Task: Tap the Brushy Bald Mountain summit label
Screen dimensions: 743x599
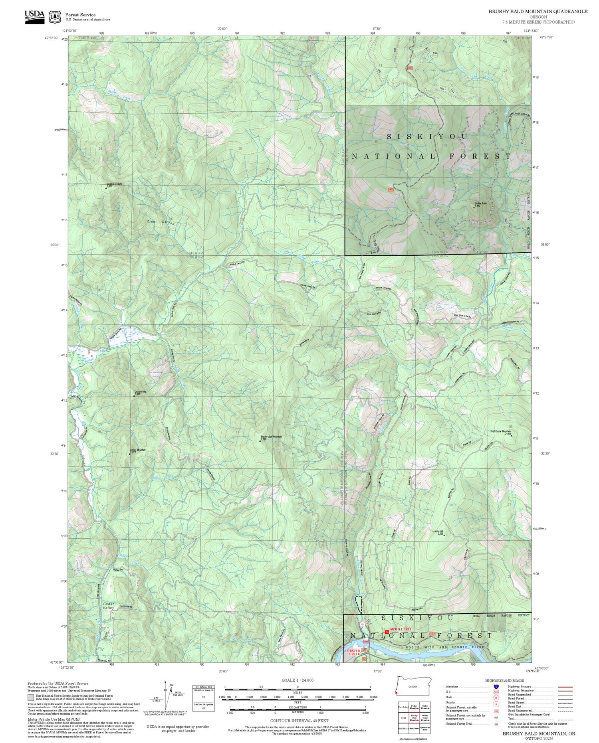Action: point(271,437)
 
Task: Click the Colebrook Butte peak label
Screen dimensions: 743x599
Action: point(114,184)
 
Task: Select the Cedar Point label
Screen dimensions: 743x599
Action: point(140,392)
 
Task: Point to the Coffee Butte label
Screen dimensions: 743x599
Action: point(480,204)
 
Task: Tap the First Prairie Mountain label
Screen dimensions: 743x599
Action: point(500,431)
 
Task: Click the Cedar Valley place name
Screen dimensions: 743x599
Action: point(109,606)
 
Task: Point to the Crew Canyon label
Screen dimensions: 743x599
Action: point(161,222)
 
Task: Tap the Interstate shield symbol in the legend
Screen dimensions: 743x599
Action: point(496,686)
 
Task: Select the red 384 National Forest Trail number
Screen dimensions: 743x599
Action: point(496,723)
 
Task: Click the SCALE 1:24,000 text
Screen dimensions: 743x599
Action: point(298,680)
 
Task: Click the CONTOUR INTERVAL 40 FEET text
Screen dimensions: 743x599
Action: point(299,721)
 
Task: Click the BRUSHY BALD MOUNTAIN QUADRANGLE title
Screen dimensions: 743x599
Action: point(538,11)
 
